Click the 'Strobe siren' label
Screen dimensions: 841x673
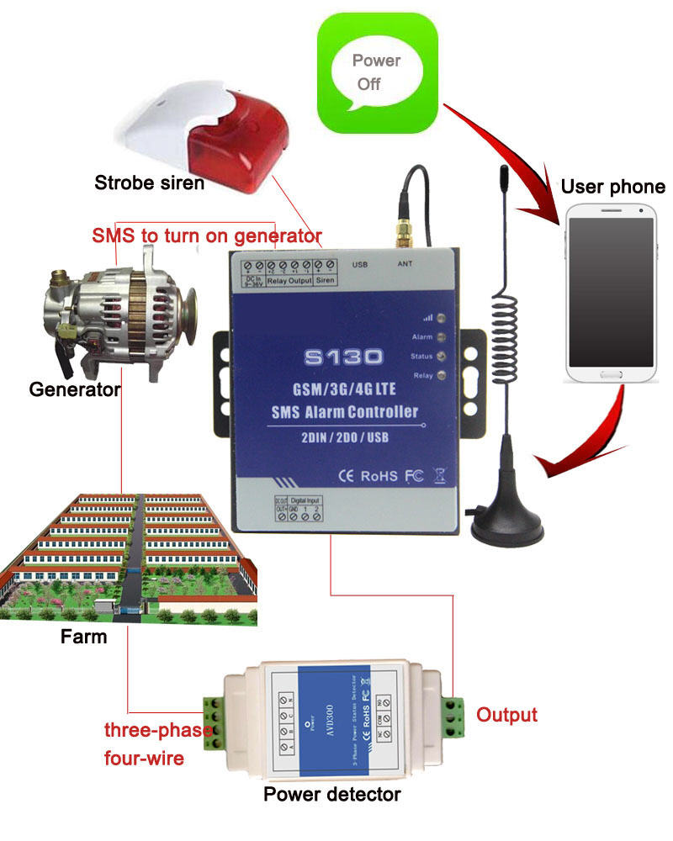(149, 182)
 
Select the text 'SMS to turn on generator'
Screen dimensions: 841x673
(206, 235)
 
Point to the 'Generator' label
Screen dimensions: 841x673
(75, 389)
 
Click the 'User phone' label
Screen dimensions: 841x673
(612, 187)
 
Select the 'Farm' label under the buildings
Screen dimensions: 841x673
(84, 637)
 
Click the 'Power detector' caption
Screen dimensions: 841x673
(332, 794)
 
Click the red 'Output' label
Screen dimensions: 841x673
(506, 715)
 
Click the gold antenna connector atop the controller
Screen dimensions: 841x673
(405, 230)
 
